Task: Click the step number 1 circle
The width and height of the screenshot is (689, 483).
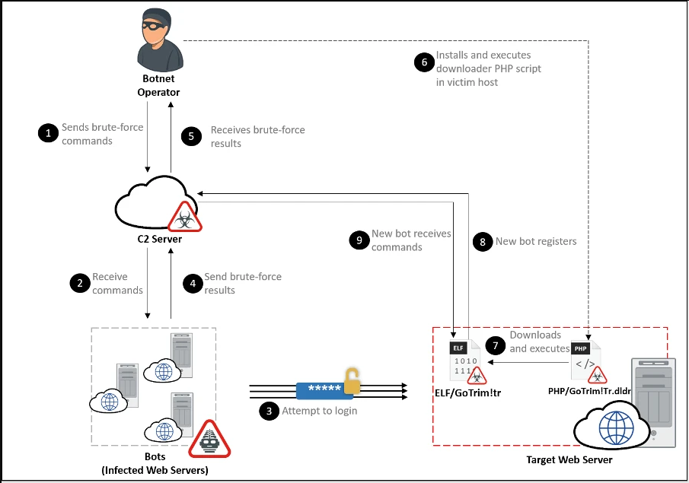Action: coord(48,134)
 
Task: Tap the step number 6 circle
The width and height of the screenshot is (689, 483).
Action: coord(423,62)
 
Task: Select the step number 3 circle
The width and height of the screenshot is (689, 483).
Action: coord(268,411)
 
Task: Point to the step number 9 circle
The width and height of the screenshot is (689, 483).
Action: coord(359,240)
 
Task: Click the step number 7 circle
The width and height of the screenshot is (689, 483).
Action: coord(496,345)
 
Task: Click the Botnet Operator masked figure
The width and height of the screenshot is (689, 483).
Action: coord(158,43)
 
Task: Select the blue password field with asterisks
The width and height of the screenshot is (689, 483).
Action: coord(323,391)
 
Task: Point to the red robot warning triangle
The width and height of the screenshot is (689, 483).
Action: coord(215,440)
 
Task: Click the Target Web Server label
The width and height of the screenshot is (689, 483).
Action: coord(569,459)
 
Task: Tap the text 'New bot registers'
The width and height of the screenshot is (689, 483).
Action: coord(536,241)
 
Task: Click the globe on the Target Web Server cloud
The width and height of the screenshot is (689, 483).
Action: coord(615,428)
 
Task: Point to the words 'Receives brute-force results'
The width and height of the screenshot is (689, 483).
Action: coord(257,136)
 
